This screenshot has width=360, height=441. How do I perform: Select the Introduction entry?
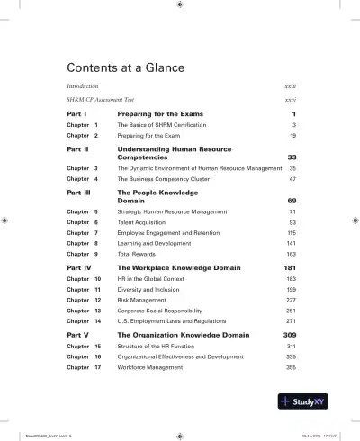click(85, 85)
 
